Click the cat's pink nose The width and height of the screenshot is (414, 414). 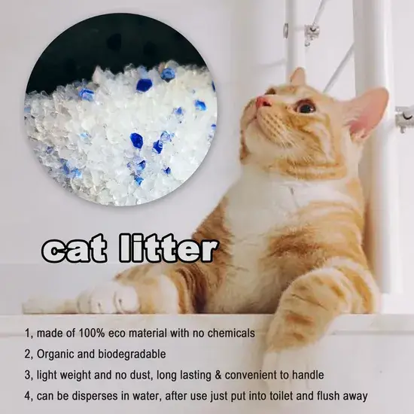coord(261,101)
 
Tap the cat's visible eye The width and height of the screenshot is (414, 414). coord(306,107)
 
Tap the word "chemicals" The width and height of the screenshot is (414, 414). coord(231,333)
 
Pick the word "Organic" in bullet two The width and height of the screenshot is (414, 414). coord(55,355)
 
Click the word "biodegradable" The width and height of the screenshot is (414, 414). coord(132,354)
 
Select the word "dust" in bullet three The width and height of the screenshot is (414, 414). coord(142,375)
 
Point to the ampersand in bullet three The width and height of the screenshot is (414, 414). coord(218,375)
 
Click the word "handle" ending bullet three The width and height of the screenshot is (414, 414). coord(308,375)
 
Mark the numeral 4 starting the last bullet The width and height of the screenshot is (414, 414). coord(27,396)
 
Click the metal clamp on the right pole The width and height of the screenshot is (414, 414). coord(404,118)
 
